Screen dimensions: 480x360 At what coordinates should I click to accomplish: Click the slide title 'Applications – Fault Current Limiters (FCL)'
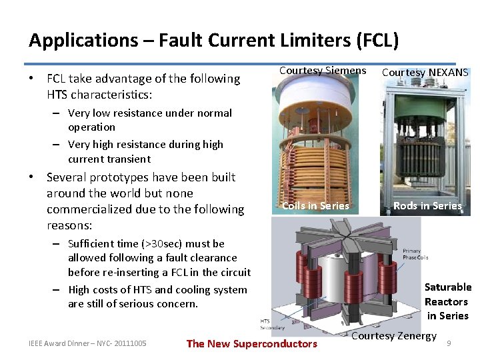tap(213, 41)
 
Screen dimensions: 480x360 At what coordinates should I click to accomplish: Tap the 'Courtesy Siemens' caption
tap(323, 71)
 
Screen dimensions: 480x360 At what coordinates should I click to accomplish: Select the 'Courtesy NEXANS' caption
tap(425, 73)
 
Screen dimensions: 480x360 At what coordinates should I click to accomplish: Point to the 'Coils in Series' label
tap(315, 206)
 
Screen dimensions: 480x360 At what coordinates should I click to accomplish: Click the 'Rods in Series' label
tap(427, 206)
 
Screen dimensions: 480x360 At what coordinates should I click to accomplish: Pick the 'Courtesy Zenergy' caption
tap(393, 336)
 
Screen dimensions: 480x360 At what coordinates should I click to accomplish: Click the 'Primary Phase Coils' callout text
tap(415, 255)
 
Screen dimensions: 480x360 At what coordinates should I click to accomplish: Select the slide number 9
tap(449, 343)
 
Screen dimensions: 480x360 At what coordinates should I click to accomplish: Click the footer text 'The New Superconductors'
tap(251, 344)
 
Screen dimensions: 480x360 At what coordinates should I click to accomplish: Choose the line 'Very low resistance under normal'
tap(149, 113)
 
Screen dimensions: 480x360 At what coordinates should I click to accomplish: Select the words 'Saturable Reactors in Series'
tap(447, 301)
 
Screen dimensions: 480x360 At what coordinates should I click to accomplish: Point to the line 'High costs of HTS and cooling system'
tap(157, 290)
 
